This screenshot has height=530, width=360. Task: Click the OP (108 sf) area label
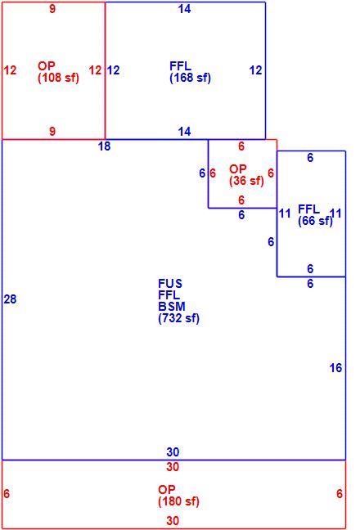(58, 72)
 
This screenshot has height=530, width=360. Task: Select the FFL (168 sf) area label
(190, 72)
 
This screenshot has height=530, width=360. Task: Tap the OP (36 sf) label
(246, 175)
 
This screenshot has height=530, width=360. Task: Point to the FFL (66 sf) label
(315, 215)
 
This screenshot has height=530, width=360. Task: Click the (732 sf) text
(179, 318)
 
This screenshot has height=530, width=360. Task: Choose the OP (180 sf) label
(178, 496)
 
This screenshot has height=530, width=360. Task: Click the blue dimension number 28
(10, 299)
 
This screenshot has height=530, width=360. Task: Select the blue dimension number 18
(104, 146)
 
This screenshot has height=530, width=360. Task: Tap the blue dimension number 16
(335, 368)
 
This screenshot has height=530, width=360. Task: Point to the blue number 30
(173, 452)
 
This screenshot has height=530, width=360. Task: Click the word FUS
(170, 284)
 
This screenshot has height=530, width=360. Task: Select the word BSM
(172, 307)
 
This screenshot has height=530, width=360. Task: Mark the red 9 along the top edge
(52, 9)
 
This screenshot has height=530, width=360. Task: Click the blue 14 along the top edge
(185, 9)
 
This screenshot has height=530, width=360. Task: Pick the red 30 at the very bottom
(173, 520)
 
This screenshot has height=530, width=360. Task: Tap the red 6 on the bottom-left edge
(7, 493)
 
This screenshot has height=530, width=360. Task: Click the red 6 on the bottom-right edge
(340, 493)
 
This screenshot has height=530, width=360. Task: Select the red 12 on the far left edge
(10, 70)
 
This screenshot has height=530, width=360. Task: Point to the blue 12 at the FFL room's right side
(255, 70)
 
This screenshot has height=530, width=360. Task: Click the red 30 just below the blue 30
(173, 467)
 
